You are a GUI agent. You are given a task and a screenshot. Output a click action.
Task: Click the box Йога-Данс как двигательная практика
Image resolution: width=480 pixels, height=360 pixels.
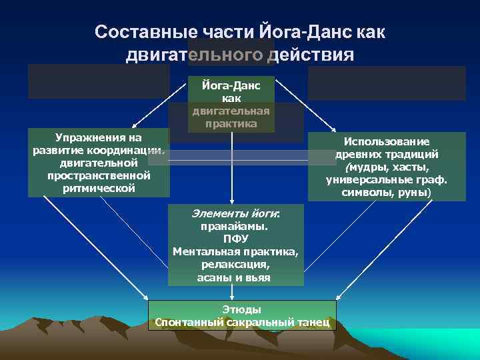[231, 104]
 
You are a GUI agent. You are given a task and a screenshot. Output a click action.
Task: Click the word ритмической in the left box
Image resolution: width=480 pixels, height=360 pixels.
[99, 188]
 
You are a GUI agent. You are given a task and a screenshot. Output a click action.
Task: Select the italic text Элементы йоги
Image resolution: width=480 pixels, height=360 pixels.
[235, 214]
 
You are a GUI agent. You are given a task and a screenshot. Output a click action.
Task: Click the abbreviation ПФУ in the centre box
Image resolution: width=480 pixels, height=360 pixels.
[235, 239]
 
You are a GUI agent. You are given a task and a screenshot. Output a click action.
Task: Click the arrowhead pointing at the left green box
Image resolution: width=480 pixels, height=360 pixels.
[133, 126]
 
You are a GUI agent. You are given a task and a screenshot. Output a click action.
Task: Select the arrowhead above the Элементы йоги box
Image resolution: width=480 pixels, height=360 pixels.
[232, 201]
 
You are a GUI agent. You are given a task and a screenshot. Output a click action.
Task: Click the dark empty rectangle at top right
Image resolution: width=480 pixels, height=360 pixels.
[387, 83]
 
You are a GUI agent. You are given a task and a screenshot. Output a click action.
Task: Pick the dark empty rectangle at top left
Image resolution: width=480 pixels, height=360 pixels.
[98, 81]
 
